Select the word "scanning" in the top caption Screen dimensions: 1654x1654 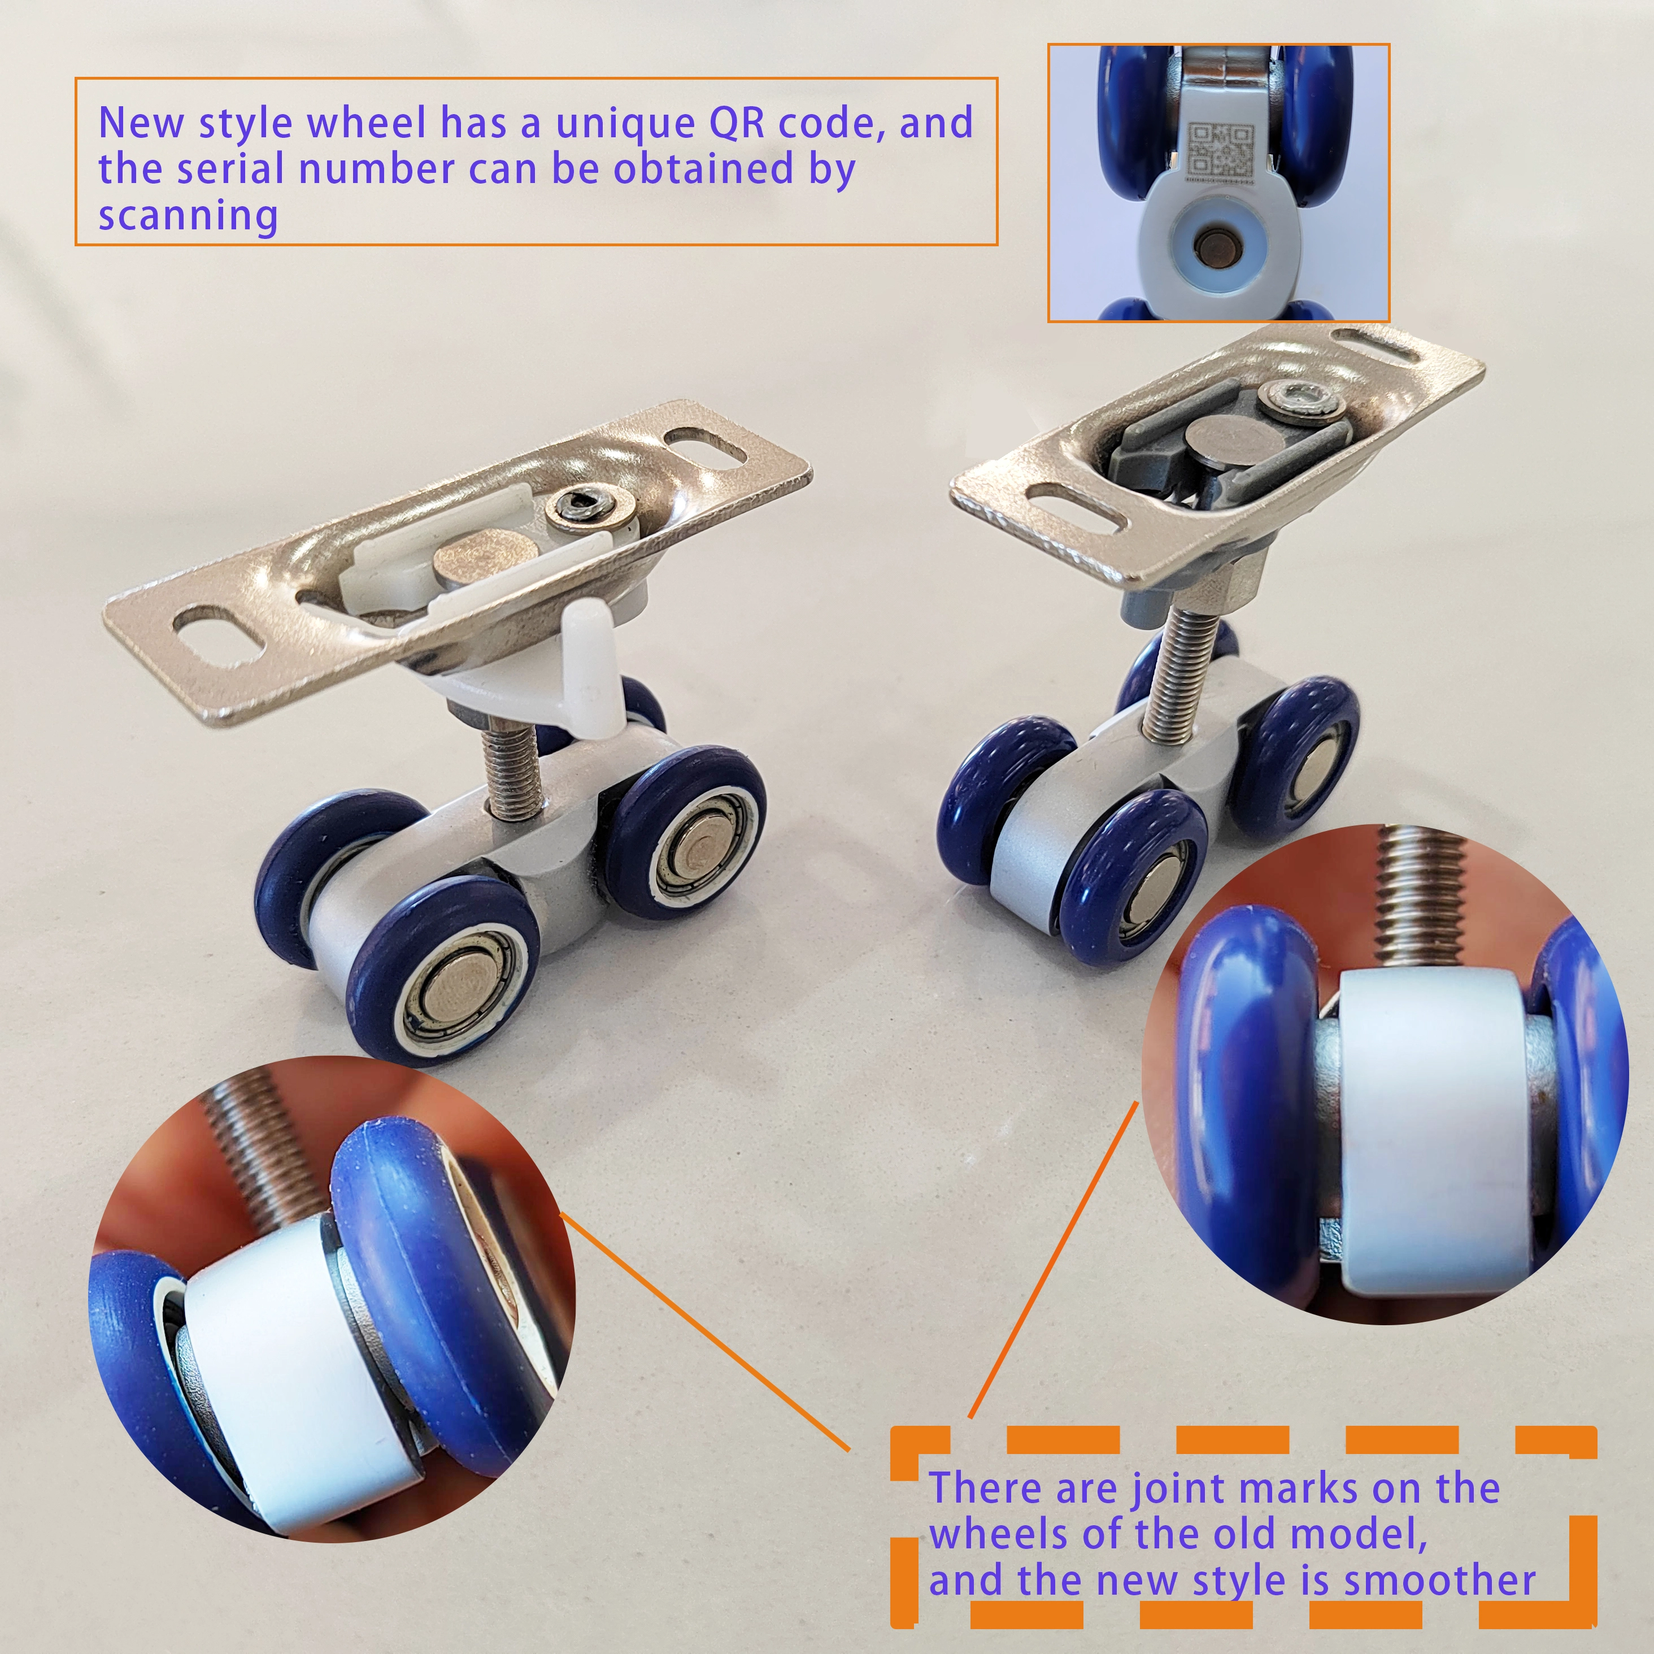click(x=188, y=216)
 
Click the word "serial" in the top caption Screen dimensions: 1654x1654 click(x=229, y=169)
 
